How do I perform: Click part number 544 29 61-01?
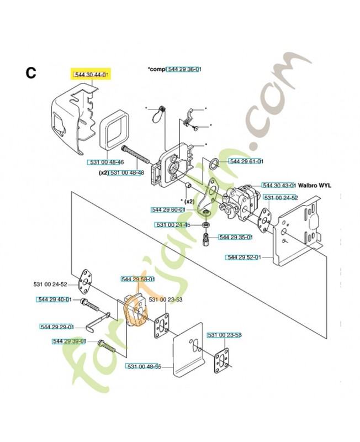click(x=246, y=162)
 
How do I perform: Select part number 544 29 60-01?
click(x=168, y=210)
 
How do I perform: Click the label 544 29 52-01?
click(x=244, y=257)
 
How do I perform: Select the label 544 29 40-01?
click(x=54, y=299)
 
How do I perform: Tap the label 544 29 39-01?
click(x=69, y=341)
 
